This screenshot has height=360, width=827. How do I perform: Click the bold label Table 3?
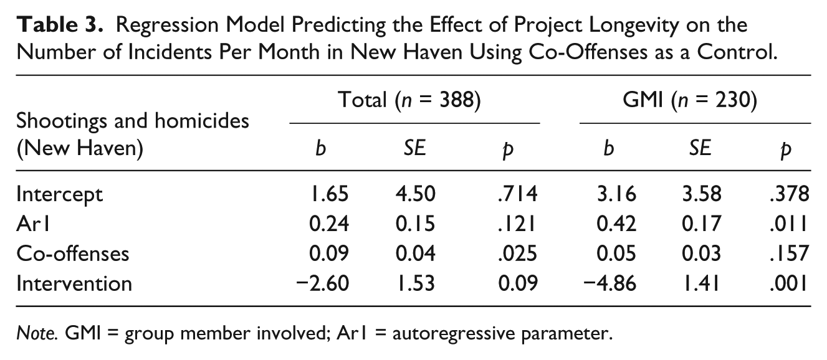(x=60, y=25)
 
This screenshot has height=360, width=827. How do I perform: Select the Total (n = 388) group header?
(x=409, y=100)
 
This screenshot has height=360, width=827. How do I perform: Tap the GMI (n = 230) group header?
(x=690, y=100)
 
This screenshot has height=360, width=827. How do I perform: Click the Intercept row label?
(x=59, y=195)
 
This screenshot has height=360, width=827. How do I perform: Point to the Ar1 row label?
(x=33, y=224)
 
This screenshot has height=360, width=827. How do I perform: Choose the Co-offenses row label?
(x=73, y=253)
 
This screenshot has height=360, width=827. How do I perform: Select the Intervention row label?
(x=74, y=283)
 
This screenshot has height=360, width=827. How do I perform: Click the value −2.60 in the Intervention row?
(x=323, y=283)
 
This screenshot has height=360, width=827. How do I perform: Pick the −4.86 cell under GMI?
(x=609, y=283)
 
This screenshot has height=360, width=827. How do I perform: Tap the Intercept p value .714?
(x=518, y=194)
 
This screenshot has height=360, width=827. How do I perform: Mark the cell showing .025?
(x=518, y=253)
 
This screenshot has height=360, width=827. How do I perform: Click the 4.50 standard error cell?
(x=415, y=194)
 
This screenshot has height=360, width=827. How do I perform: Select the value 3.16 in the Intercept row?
(x=616, y=194)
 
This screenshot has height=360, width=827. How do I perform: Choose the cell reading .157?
(x=790, y=253)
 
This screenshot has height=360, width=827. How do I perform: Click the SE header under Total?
(x=414, y=148)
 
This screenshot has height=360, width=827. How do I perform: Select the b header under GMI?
(x=608, y=148)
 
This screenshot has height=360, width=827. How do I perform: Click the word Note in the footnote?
(x=37, y=333)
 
